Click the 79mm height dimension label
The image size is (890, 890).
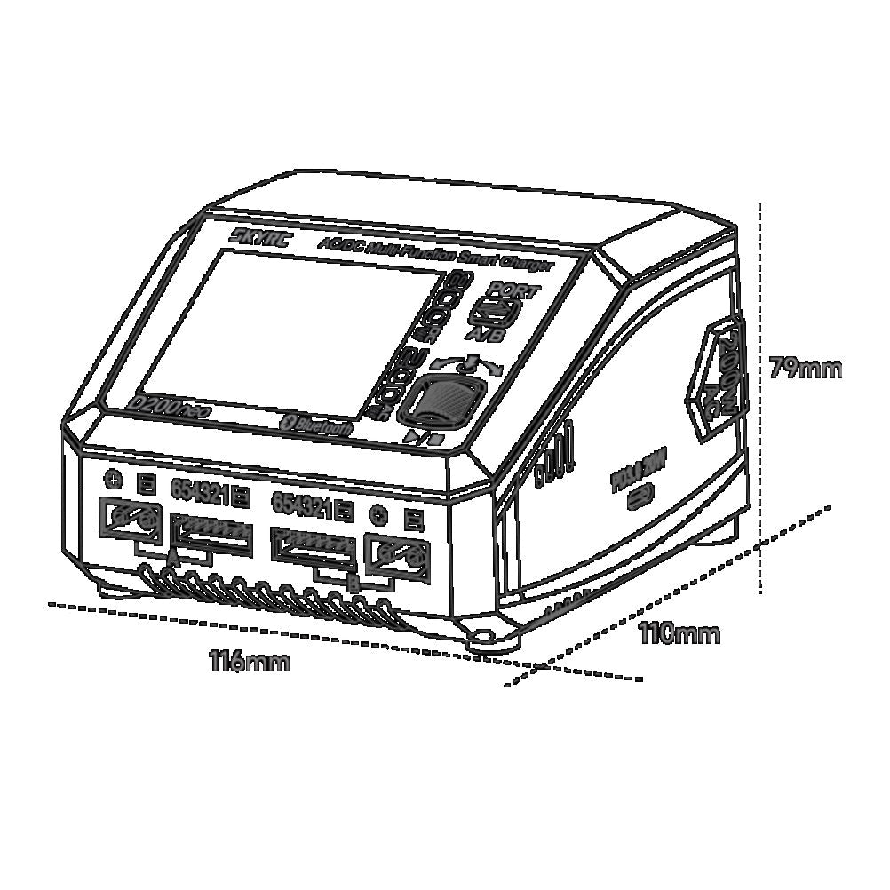(805, 368)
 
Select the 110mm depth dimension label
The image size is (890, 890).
(679, 633)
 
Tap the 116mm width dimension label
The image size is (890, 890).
(250, 662)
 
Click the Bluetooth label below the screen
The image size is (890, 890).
(317, 425)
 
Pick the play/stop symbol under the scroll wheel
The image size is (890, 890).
(421, 438)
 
